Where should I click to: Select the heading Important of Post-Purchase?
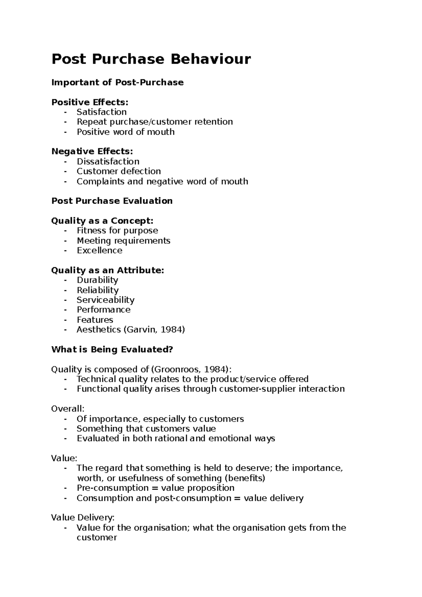pyautogui.click(x=117, y=82)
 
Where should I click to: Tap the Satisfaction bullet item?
pyautogui.click(x=102, y=112)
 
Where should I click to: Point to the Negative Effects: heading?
pyautogui.click(x=92, y=151)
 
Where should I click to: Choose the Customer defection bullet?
pyautogui.click(x=119, y=171)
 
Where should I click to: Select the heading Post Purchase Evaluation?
pyautogui.click(x=112, y=201)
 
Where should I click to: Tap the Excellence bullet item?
pyautogui.click(x=100, y=250)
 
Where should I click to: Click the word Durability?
pyautogui.click(x=97, y=280)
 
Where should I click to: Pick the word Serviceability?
pyautogui.click(x=105, y=300)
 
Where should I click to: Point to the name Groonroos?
pyautogui.click(x=177, y=369)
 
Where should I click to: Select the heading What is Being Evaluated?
pyautogui.click(x=112, y=349)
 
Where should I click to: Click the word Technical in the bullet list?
pyautogui.click(x=96, y=379)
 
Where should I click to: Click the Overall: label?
pyautogui.click(x=68, y=409)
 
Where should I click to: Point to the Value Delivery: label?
pyautogui.click(x=83, y=518)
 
